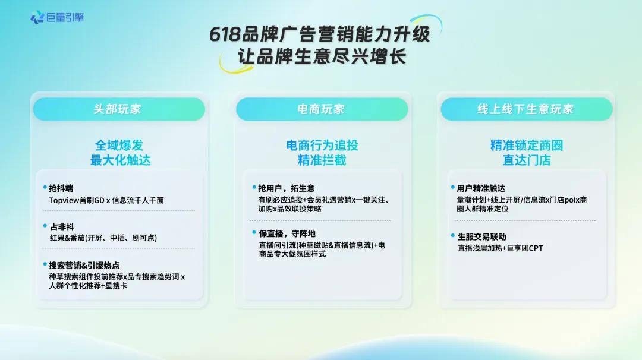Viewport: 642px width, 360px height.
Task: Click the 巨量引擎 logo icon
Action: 37,17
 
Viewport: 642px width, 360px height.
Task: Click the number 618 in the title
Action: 225,34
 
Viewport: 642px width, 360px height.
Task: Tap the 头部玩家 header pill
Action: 119,109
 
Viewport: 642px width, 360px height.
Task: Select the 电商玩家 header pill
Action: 322,109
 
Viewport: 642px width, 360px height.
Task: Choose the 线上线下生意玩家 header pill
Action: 527,109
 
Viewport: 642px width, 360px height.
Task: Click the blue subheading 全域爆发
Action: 119,145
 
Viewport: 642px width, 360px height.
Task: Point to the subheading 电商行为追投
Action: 322,145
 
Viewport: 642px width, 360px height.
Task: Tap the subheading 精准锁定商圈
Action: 527,145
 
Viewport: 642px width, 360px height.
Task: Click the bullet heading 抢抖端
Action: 61,188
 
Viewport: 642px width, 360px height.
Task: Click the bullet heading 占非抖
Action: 62,227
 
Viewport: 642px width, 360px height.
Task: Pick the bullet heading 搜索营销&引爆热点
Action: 84,266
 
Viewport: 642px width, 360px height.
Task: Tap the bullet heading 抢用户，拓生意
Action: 286,188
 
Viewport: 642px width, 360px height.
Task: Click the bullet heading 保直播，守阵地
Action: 287,233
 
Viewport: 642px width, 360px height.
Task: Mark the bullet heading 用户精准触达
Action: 481,188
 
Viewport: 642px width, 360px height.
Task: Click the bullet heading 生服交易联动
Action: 482,237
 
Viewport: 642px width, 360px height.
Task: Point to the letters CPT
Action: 536,248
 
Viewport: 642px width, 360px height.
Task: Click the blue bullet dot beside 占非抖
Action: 45,225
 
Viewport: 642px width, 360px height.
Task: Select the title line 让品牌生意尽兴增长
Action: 322,56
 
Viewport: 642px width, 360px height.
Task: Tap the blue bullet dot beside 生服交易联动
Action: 453,236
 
